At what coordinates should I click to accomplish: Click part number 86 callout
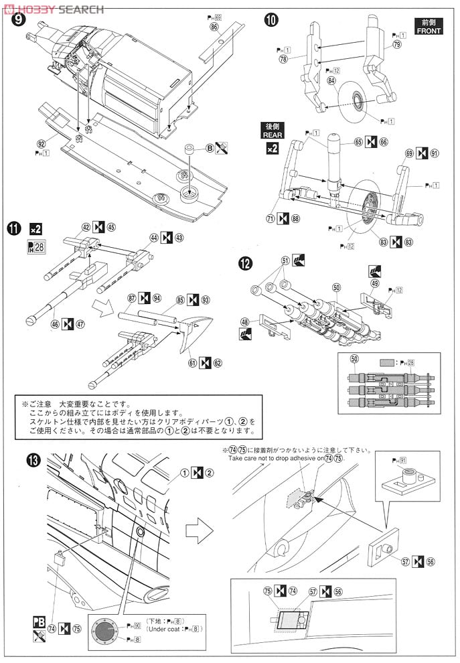[214, 27]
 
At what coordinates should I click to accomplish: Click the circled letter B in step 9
[210, 148]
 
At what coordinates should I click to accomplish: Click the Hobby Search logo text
[54, 9]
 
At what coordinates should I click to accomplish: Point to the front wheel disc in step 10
[360, 101]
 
